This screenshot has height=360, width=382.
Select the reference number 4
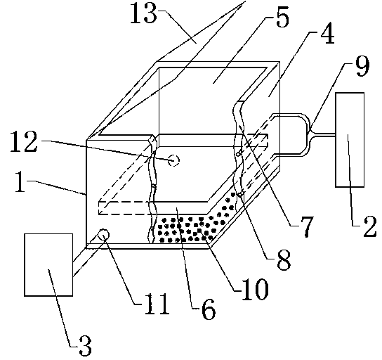(327, 34)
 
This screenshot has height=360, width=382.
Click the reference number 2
(370, 226)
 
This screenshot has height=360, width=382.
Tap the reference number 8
(284, 260)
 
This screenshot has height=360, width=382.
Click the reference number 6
(209, 309)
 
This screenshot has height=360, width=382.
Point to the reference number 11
(157, 304)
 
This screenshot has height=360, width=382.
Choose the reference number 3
(85, 346)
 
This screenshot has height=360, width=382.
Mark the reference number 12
(24, 142)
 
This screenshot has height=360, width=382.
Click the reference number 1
(20, 181)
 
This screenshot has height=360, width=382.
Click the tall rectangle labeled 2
(350, 140)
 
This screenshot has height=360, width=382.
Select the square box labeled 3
(48, 265)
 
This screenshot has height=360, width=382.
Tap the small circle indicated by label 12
(174, 161)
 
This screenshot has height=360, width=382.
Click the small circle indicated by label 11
(103, 234)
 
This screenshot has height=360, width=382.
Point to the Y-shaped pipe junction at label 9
(310, 134)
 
